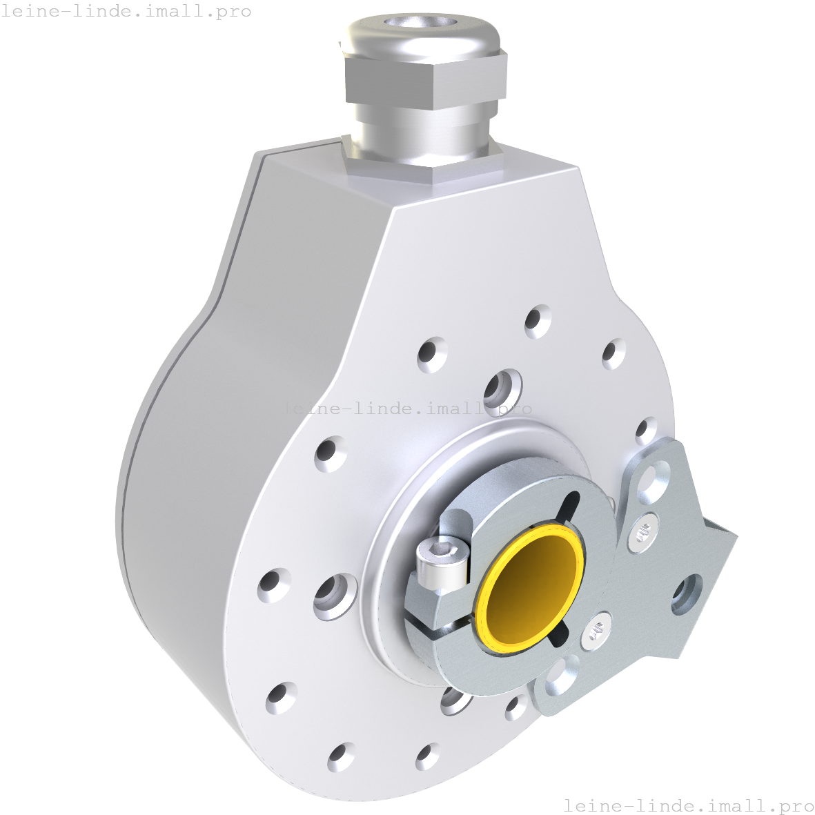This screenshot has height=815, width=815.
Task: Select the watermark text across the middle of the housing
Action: click(406, 408)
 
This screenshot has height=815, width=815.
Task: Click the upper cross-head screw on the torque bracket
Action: click(643, 533)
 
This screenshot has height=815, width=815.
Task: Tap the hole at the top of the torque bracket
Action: click(653, 479)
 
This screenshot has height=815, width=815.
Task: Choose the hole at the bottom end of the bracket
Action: click(562, 677)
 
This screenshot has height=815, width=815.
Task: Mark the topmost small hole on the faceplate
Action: click(537, 321)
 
